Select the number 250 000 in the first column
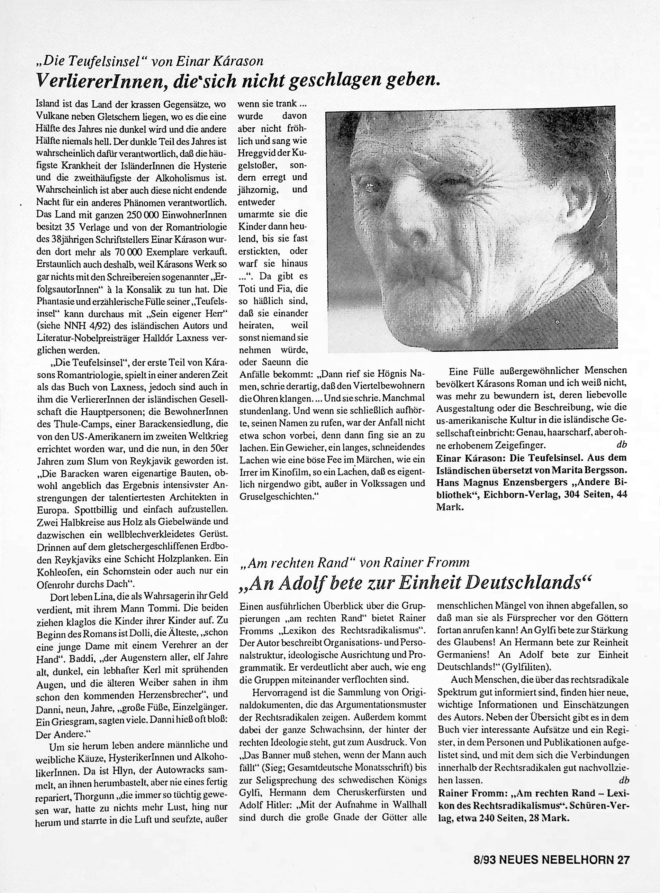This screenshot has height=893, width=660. tap(143, 215)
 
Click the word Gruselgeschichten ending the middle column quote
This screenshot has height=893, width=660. tap(275, 497)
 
